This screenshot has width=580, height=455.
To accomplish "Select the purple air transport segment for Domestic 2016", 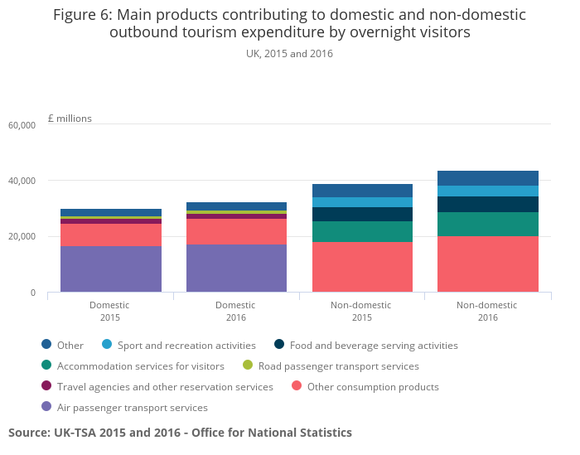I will pos(236,269).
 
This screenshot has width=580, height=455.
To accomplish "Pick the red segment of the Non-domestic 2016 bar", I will pos(487,264).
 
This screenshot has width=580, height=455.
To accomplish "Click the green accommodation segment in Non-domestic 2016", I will pos(487,225).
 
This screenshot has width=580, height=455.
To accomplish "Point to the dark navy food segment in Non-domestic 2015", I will pos(362,215).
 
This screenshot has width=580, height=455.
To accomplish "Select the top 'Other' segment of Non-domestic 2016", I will pos(487,178).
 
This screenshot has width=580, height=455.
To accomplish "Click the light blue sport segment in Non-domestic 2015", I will pos(362,202).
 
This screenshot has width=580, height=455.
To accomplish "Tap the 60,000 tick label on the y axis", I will pos(22,125).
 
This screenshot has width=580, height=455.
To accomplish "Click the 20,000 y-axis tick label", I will pos(22,237).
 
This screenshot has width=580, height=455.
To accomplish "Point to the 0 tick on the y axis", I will pos(32,293).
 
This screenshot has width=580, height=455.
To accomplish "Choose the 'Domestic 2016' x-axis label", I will pos(236,311).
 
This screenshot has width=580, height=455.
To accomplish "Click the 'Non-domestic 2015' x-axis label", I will pos(362,311).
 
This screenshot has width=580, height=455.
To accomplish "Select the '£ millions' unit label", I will pos(70,119).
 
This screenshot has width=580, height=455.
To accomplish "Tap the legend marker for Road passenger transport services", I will pos(247,366).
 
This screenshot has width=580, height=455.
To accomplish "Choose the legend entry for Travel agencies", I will pos(165,387).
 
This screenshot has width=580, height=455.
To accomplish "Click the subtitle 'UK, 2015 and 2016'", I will pos(289,54).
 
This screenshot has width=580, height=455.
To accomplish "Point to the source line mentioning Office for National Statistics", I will pos(180,433).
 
